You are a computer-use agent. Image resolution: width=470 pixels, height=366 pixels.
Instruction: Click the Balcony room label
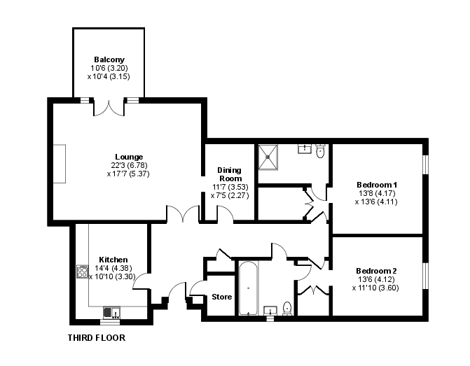109,59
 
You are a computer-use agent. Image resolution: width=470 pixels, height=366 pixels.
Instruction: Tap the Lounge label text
129,157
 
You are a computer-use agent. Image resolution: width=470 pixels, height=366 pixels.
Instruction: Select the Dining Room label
230,174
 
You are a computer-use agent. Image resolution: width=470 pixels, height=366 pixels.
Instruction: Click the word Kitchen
113,260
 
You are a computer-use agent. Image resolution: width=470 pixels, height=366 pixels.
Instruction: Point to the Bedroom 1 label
377,185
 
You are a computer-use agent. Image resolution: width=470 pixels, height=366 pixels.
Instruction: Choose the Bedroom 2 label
376,271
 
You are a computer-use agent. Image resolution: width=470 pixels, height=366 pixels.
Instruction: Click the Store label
222,297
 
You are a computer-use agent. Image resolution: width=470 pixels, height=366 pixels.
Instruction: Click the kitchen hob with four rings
82,272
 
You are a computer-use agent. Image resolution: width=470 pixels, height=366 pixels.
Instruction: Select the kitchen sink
111,313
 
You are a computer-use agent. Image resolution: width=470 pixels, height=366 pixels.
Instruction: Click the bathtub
248,288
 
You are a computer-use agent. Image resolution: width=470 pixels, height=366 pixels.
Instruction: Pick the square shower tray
268,157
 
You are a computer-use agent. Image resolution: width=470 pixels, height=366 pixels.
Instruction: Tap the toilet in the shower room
320,151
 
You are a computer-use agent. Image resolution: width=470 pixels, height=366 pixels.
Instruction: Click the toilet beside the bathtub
287,309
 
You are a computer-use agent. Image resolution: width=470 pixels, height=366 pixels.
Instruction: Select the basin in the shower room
305,148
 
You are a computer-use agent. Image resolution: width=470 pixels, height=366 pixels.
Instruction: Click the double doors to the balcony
109,107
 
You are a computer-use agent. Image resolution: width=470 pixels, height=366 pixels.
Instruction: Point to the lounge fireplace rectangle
60,164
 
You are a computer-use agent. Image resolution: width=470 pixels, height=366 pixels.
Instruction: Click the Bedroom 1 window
425,164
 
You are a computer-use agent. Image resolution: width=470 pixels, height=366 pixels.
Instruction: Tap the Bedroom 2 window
425,276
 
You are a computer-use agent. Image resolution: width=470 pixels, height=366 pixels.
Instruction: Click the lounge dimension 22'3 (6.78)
129,165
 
